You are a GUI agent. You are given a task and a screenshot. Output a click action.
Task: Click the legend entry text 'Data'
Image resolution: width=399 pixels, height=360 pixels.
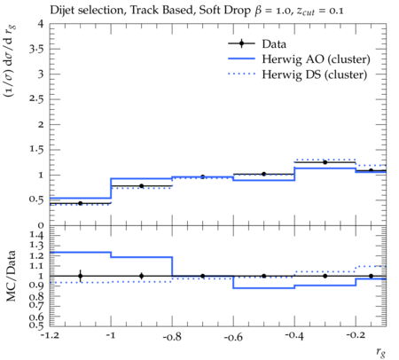pos(274,43)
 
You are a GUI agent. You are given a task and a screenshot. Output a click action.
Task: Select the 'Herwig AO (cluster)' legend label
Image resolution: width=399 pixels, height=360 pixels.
pos(316,59)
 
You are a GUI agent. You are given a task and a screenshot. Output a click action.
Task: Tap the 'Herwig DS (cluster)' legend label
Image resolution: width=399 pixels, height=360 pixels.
pos(315,74)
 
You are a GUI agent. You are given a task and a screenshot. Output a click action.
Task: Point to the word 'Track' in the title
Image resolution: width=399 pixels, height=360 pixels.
pos(144,11)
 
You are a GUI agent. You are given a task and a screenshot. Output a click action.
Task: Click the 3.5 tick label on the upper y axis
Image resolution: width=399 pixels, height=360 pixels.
pos(36,49)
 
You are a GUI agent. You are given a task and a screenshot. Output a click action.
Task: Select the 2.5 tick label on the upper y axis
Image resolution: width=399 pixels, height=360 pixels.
pos(36,99)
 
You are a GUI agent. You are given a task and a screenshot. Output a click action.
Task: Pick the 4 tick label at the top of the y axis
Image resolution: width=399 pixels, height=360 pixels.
pos(41,24)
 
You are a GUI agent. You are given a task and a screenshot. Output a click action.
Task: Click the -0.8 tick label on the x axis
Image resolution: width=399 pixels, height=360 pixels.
pos(172,337)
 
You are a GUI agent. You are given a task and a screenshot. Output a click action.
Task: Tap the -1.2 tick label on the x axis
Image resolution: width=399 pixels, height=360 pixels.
pos(50,335)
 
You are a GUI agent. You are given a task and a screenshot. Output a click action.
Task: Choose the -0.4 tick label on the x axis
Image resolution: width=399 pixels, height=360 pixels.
pos(294,336)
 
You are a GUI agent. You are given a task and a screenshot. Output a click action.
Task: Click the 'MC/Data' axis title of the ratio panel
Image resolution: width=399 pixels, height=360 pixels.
pos(11,276)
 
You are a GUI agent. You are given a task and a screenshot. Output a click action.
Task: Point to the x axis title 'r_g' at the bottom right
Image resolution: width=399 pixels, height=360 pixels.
pos(381,352)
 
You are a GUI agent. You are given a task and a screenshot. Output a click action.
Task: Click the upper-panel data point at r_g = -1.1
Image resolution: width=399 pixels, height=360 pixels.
pos(80,203)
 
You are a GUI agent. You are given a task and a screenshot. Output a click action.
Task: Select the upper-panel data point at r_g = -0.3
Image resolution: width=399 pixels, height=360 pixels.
pos(325,162)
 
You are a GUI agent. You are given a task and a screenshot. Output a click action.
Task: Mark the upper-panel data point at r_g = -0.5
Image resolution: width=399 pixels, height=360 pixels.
pos(264,174)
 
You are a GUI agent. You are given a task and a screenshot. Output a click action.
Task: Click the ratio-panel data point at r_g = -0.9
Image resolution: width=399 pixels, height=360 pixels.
pos(142,276)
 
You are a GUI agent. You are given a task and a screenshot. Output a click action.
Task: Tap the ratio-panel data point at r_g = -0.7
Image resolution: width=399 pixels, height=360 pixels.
pos(203,276)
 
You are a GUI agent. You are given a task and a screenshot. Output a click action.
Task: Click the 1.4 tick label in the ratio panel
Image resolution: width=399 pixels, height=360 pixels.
pos(36,236)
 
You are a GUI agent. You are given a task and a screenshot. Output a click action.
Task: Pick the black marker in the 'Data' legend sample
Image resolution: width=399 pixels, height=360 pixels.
pos(241,43)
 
